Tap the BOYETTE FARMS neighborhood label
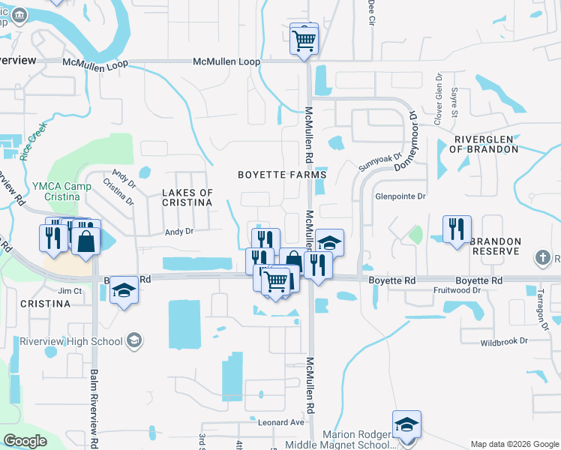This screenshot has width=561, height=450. click(282, 175)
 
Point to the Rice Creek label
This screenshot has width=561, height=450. click(34, 138)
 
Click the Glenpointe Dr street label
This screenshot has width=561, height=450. click(400, 196)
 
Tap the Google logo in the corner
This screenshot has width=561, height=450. click(25, 441)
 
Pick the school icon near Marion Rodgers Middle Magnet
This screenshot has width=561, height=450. click(406, 424)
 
